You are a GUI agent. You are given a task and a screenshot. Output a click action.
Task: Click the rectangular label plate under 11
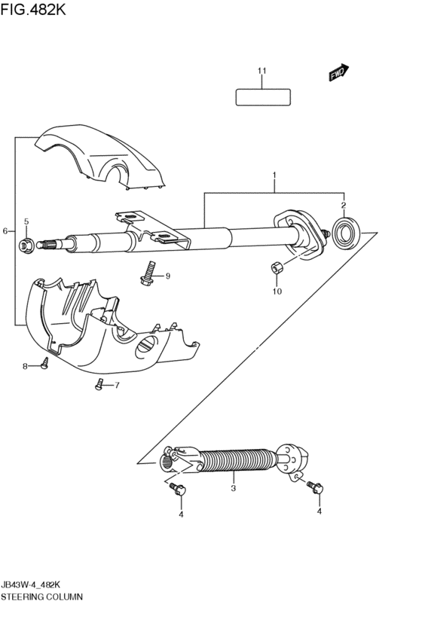(263, 97)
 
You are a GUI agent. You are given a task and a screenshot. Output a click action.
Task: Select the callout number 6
(5, 230)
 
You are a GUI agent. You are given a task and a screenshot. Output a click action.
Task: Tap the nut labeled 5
(26, 243)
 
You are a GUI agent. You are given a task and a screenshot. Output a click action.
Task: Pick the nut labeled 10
(276, 267)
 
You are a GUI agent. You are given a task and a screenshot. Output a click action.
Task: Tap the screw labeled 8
(44, 365)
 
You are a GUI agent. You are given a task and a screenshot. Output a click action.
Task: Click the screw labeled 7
(99, 385)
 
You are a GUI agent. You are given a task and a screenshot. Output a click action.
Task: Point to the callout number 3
(233, 489)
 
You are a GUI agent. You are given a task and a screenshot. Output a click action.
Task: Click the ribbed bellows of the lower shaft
(237, 460)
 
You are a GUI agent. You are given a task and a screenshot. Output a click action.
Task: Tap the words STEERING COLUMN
(42, 596)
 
